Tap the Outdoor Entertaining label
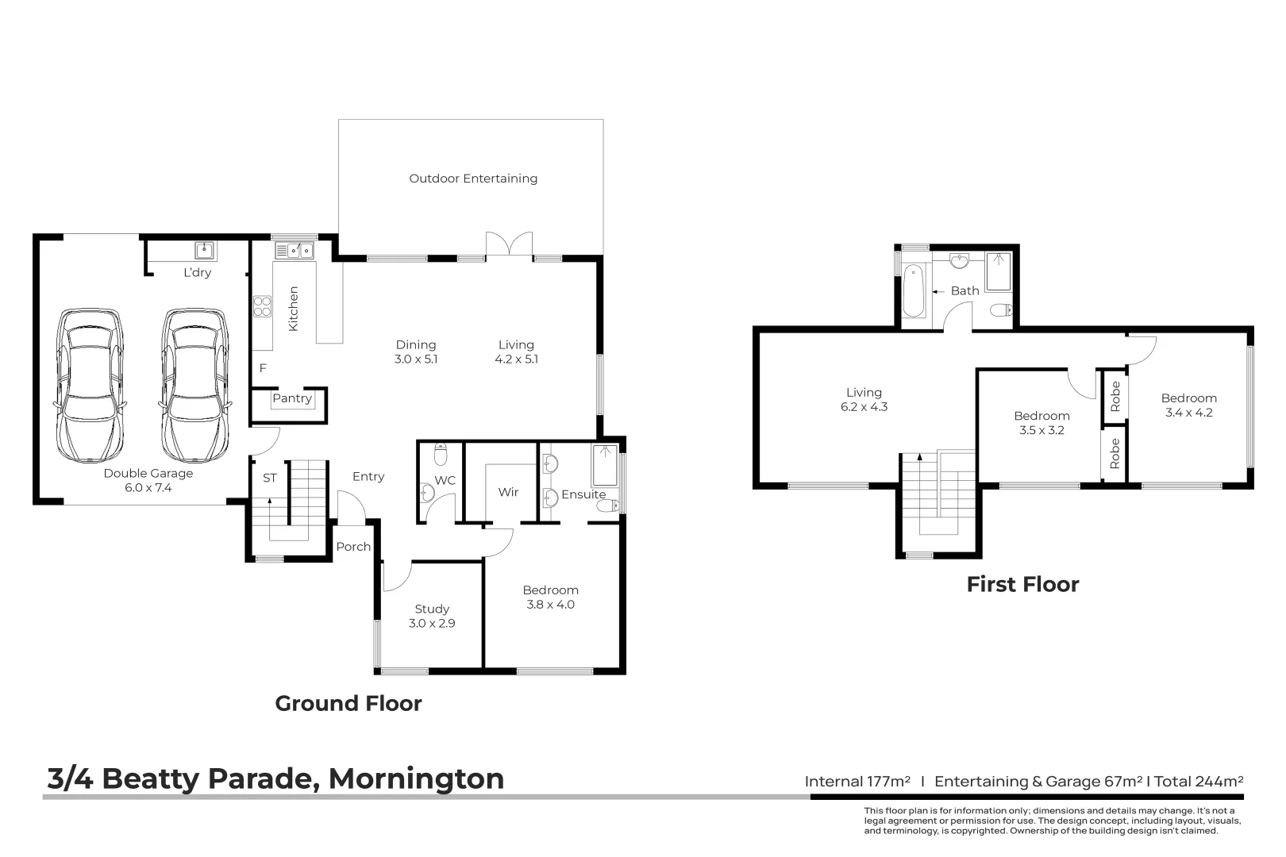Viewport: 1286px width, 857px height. click(473, 179)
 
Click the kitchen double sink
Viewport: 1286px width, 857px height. click(294, 251)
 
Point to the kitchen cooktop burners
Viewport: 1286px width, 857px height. click(262, 306)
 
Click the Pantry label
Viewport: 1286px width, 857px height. click(291, 398)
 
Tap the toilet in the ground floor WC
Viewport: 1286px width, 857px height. click(441, 455)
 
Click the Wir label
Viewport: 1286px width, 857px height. click(508, 492)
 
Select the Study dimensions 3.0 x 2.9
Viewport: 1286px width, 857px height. click(432, 624)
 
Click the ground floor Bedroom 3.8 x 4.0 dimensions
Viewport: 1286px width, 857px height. click(550, 605)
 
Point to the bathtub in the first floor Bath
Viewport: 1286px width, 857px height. click(913, 291)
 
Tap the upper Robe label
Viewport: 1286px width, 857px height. click(1115, 395)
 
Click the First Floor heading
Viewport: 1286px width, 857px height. click(1022, 585)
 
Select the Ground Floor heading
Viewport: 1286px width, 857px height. click(348, 704)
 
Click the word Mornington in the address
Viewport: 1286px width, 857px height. click(416, 778)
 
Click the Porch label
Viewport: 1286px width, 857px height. click(353, 547)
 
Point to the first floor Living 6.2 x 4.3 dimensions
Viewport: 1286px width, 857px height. click(864, 407)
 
